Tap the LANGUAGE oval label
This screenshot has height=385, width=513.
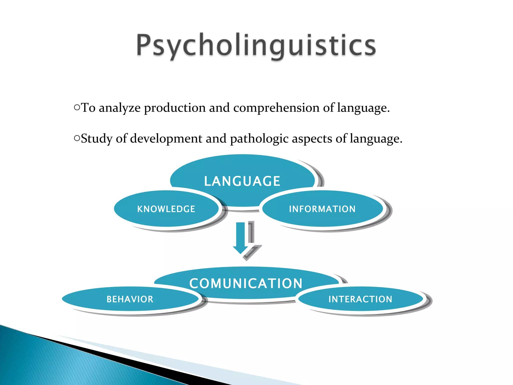tap(242, 181)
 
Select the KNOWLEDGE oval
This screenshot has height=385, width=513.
tap(166, 209)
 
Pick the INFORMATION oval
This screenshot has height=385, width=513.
tap(322, 209)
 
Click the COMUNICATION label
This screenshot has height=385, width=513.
tap(246, 283)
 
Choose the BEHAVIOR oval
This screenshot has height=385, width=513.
tap(130, 299)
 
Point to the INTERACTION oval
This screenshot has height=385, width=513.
tap(360, 299)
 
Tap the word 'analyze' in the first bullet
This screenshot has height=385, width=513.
tap(119, 108)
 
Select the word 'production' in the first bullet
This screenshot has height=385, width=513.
tap(175, 108)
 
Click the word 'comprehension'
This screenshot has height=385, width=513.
tap(276, 108)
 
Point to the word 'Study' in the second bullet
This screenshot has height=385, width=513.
tap(96, 139)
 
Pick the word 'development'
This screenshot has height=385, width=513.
tap(166, 139)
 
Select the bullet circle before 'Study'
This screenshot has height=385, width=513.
tap(77, 138)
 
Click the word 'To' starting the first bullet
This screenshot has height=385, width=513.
tap(88, 108)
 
